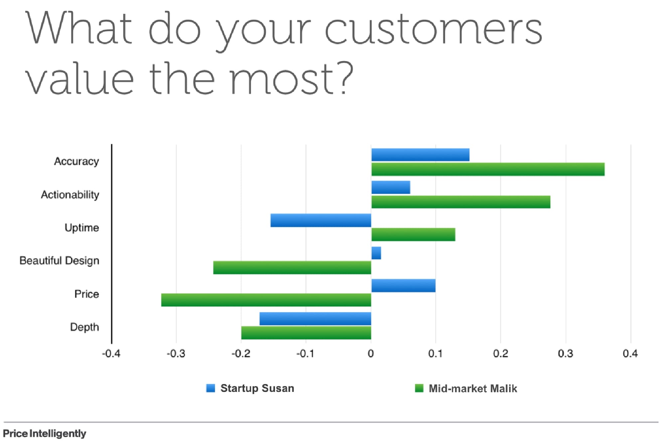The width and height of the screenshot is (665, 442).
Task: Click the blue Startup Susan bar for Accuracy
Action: pos(420,155)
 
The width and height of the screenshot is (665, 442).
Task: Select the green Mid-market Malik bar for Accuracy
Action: pos(488,169)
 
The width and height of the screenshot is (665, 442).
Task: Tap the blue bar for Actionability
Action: pos(391,187)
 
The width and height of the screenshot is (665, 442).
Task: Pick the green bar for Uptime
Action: pos(413,234)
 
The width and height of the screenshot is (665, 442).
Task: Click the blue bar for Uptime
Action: pos(321,220)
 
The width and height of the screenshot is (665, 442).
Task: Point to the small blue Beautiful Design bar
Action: pos(376,253)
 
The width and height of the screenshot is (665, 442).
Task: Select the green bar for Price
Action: pos(266,300)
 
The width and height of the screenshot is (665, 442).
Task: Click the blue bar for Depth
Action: pos(315,319)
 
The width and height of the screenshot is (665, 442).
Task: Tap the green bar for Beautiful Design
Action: pos(292,268)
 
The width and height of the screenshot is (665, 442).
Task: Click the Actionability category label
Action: pos(70,195)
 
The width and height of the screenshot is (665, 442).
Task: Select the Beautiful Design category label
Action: pos(59,261)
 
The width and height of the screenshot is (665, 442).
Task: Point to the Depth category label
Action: pos(84,327)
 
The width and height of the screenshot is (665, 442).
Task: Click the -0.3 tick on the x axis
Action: pos(176,354)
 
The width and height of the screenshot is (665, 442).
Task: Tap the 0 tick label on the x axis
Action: pos(371,354)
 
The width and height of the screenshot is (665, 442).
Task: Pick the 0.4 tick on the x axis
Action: pos(630,354)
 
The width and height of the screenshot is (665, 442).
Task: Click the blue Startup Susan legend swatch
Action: pos(210,388)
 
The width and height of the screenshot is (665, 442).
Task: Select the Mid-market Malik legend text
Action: pos(473,389)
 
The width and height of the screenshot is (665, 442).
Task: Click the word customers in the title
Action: pos(433,29)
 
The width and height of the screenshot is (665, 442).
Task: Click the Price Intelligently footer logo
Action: pos(45,433)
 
